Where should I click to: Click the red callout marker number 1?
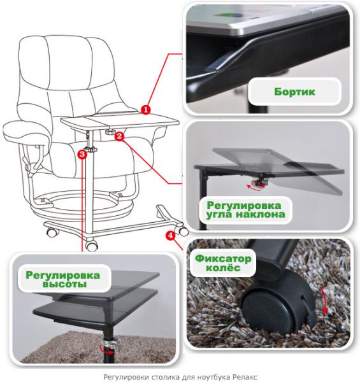click(146, 110)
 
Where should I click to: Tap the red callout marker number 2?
click(119, 136)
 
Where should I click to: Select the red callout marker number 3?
click(82, 154)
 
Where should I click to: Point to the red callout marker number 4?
click(170, 236)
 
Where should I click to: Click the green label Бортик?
click(294, 92)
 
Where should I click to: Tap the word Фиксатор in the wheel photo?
click(223, 258)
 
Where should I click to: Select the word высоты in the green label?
click(64, 284)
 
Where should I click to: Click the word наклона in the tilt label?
click(261, 215)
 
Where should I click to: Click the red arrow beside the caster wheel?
click(324, 300)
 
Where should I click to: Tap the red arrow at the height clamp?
click(107, 350)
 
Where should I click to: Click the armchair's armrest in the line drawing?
click(25, 132)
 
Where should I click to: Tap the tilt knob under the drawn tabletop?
click(110, 132)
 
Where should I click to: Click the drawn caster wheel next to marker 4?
click(183, 230)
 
